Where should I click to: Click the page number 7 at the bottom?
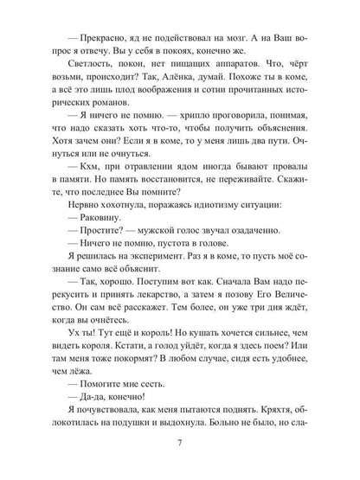[180, 447]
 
